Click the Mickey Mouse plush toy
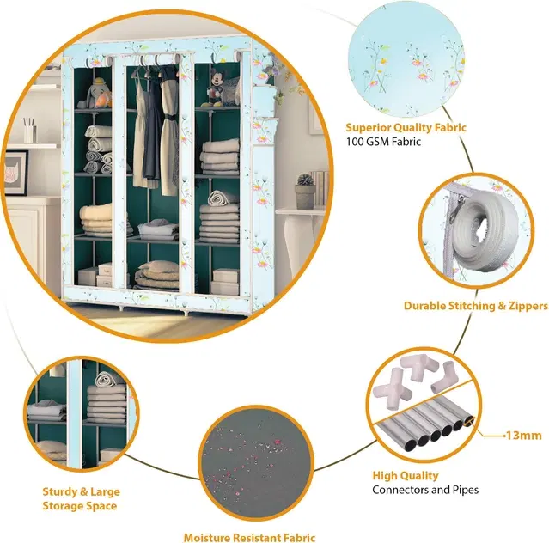(216, 88)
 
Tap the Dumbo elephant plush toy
(96, 93)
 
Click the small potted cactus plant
(305, 191)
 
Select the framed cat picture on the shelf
(15, 173)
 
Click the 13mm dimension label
(524, 436)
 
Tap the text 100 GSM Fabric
(383, 142)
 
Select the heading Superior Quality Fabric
(406, 127)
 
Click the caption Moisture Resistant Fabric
(249, 537)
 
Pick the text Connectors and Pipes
(425, 490)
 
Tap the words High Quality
(406, 475)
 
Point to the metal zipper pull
(458, 208)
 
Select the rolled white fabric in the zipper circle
(482, 231)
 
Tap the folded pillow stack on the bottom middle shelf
(156, 274)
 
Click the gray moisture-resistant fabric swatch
(256, 463)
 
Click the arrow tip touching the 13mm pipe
(469, 422)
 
